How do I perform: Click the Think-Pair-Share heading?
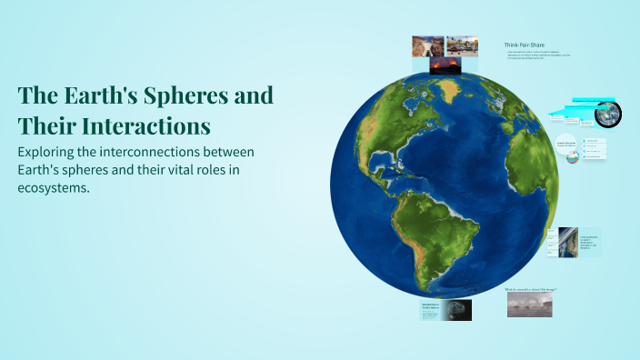tap(525, 45)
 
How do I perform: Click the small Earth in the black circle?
tap(609, 113)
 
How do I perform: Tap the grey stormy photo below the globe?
tap(529, 305)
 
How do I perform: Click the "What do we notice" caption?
tap(530, 290)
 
